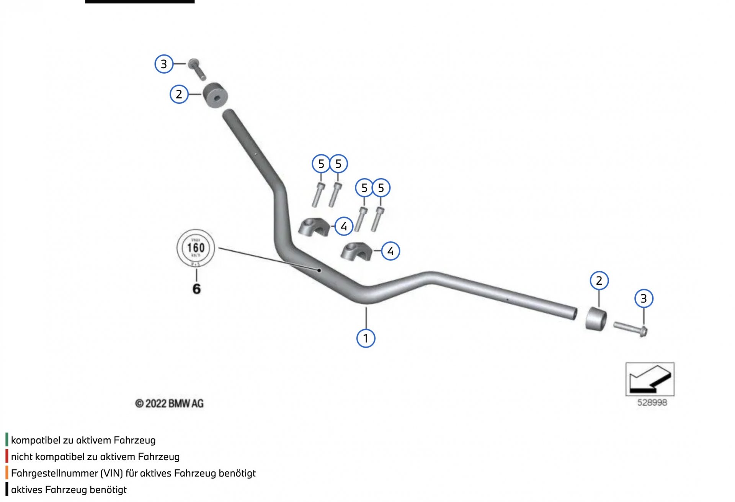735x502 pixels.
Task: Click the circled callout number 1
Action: point(366,338)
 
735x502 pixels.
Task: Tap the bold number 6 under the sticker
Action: point(196,289)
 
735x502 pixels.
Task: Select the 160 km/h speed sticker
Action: point(196,248)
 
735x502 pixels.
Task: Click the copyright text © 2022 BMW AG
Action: point(169,404)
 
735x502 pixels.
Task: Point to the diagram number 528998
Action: point(652,402)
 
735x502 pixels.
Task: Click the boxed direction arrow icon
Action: point(650,379)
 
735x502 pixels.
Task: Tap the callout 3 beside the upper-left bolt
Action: point(164,64)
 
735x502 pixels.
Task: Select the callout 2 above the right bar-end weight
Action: point(599,281)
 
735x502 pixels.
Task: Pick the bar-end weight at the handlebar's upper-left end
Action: point(215,95)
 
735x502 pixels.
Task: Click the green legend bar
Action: point(7,440)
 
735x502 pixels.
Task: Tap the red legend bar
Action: point(7,456)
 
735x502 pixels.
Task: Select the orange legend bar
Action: point(7,472)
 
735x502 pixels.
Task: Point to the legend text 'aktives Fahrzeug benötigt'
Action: point(69,490)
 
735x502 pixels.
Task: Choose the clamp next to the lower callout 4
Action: point(356,251)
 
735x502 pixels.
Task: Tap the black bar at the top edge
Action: point(140,2)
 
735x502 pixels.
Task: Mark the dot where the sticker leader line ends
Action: point(319,270)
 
